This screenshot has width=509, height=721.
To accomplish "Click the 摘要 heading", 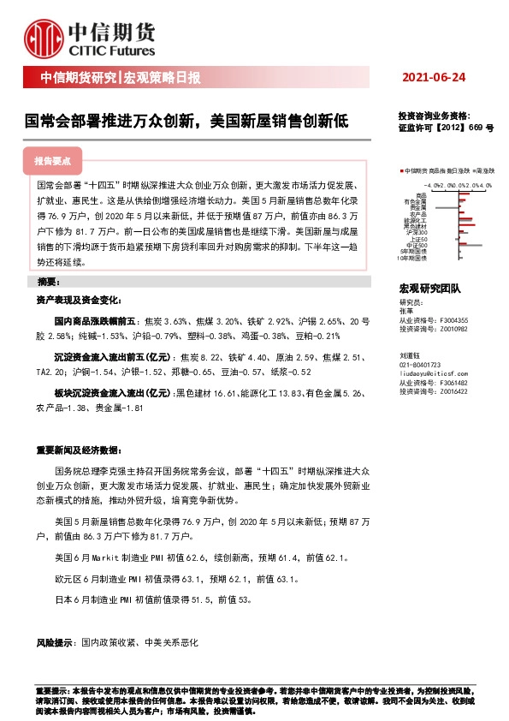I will [49, 282].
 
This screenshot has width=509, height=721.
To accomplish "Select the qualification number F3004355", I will [455, 319].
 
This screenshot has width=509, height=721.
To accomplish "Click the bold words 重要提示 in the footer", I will [49, 689].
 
